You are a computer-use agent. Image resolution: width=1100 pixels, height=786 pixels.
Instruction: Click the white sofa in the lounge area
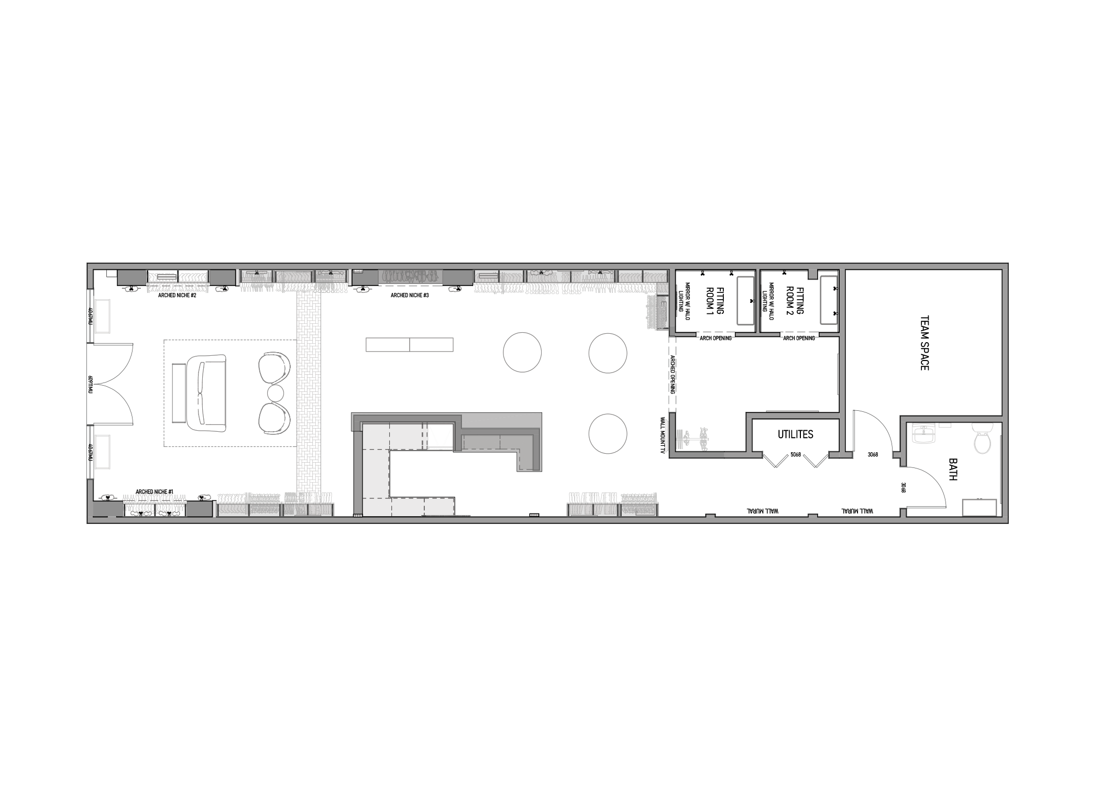(x=206, y=393)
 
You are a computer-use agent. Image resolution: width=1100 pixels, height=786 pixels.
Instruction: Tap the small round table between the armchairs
(x=276, y=393)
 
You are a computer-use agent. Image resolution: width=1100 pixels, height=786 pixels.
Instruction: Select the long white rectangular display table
(x=409, y=344)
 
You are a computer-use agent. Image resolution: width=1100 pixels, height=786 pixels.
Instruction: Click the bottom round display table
(x=608, y=434)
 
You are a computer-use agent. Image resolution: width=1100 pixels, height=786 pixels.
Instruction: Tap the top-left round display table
(x=522, y=353)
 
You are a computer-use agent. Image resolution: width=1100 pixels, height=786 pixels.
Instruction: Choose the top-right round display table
(x=608, y=353)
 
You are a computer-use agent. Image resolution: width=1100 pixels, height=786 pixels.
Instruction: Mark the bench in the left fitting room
(x=745, y=300)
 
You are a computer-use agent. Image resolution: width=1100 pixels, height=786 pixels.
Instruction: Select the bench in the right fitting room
(x=828, y=300)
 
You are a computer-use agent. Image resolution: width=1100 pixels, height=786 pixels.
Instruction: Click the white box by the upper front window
(x=102, y=315)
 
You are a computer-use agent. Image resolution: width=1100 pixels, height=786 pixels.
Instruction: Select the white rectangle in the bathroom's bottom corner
(x=978, y=507)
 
